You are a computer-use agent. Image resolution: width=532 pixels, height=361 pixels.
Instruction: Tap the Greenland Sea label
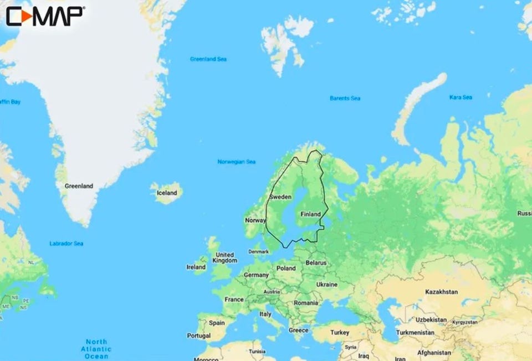coord(208,59)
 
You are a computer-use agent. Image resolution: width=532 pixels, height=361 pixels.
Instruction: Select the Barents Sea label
coord(345,98)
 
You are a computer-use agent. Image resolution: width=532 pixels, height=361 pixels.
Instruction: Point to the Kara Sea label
coord(461,97)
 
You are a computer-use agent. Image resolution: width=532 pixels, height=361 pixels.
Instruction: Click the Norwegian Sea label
coord(237,162)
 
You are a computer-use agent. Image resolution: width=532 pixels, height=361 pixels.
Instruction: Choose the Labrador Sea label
coord(66,243)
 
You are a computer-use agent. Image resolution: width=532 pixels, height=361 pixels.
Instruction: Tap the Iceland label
coord(167,193)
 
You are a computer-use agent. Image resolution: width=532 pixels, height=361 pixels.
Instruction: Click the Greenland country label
coord(79,186)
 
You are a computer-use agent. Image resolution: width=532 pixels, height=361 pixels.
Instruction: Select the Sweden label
coord(280,197)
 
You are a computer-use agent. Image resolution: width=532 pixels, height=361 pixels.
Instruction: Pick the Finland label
coord(310,214)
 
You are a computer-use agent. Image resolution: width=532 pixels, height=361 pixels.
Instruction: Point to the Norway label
coord(255,220)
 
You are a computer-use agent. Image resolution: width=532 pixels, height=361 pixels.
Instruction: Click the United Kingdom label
coord(225,257)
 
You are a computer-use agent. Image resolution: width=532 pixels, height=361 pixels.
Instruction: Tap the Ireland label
coord(196,267)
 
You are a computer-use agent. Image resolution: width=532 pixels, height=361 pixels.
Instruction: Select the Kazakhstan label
coord(442,291)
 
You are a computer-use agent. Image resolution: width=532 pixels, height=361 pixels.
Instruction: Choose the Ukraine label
coord(326,284)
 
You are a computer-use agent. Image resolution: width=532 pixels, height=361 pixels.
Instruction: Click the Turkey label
coord(340,332)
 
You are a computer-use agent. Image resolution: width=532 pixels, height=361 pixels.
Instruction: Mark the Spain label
coord(217,323)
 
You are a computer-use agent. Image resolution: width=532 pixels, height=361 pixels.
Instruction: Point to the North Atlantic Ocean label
coord(96,349)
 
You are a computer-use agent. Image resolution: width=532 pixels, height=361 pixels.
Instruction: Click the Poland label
coord(286,268)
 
